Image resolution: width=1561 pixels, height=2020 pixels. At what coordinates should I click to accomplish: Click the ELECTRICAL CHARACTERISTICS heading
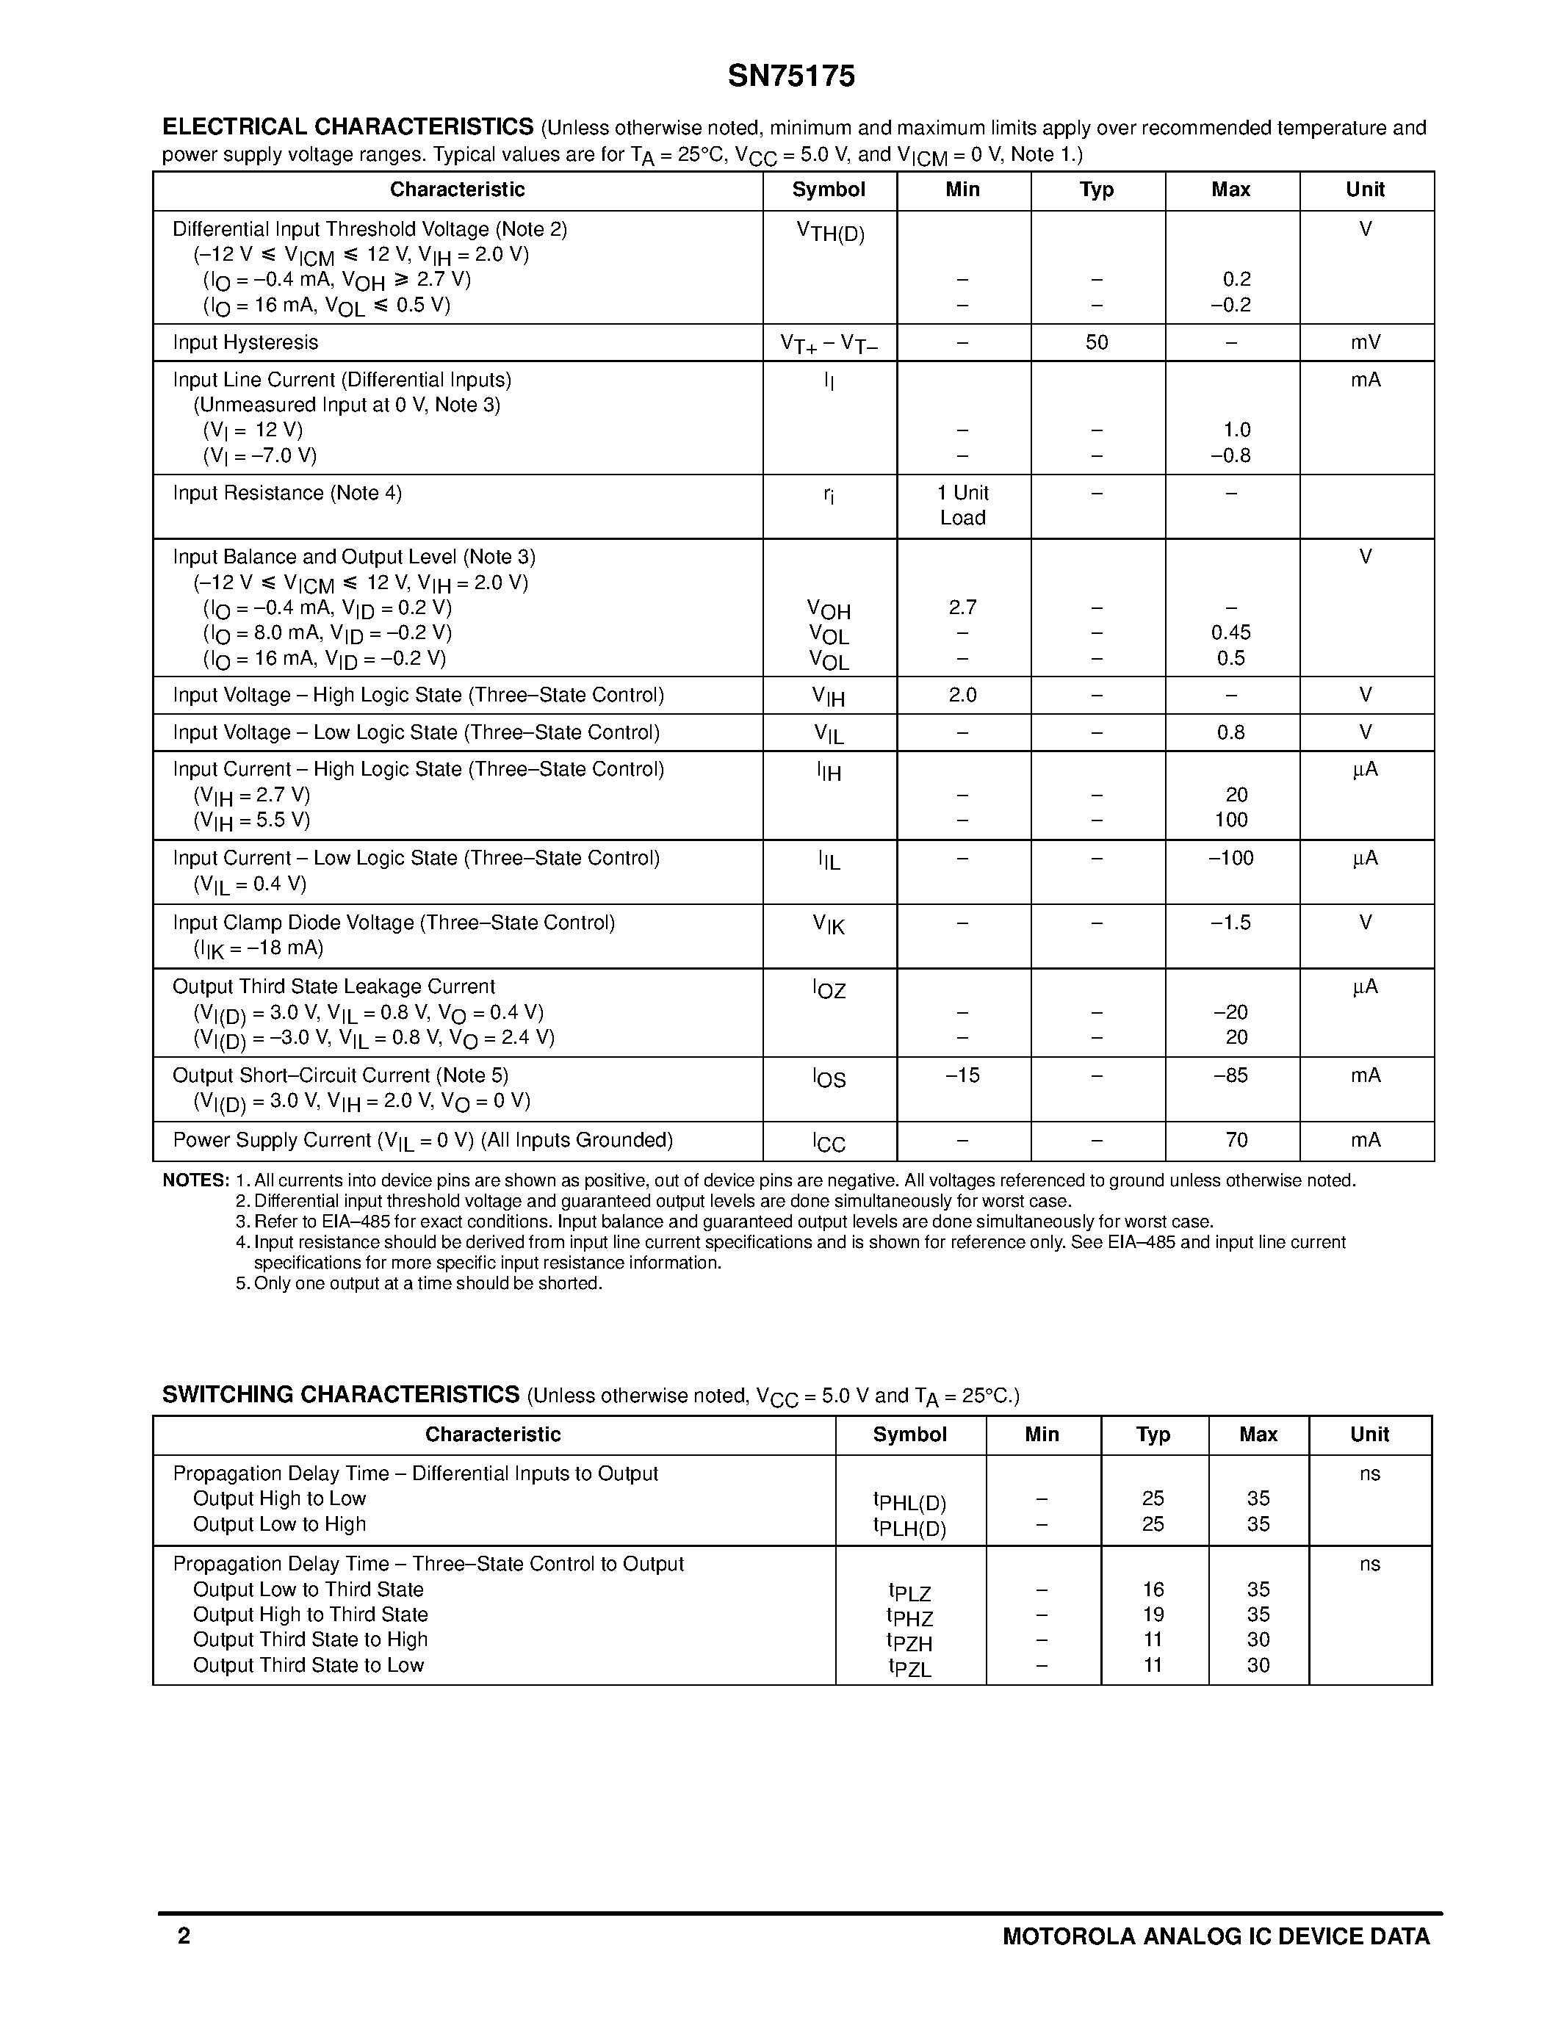pyautogui.click(x=347, y=127)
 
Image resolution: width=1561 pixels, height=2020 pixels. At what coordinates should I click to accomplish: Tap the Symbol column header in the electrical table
pyautogui.click(x=829, y=190)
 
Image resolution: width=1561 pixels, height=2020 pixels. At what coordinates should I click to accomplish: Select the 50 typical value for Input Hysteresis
pyautogui.click(x=1097, y=342)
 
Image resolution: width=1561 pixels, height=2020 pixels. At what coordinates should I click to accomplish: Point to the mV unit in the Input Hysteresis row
pyautogui.click(x=1365, y=342)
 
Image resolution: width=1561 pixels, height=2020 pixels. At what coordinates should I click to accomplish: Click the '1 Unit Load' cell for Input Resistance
pyautogui.click(x=963, y=505)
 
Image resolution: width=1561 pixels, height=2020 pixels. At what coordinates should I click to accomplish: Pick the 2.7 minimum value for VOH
pyautogui.click(x=963, y=607)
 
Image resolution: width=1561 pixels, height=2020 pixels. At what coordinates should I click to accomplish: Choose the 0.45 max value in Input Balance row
pyautogui.click(x=1231, y=632)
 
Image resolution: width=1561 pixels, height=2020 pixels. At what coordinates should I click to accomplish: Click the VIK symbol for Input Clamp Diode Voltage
pyautogui.click(x=829, y=924)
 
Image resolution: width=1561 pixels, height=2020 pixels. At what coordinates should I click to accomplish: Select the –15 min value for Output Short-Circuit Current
pyautogui.click(x=963, y=1075)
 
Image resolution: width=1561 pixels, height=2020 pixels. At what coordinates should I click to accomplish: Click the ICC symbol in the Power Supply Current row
pyautogui.click(x=829, y=1142)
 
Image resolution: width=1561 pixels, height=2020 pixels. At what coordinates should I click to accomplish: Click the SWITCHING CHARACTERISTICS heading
pyautogui.click(x=340, y=1395)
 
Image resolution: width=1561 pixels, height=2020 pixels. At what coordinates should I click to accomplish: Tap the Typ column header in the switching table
pyautogui.click(x=1153, y=1435)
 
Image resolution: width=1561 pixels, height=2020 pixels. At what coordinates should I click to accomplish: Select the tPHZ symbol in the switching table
pyautogui.click(x=910, y=1616)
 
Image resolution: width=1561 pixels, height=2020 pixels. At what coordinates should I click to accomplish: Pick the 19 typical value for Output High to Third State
pyautogui.click(x=1153, y=1615)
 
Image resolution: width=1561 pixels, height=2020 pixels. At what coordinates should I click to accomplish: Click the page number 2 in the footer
pyautogui.click(x=183, y=1936)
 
